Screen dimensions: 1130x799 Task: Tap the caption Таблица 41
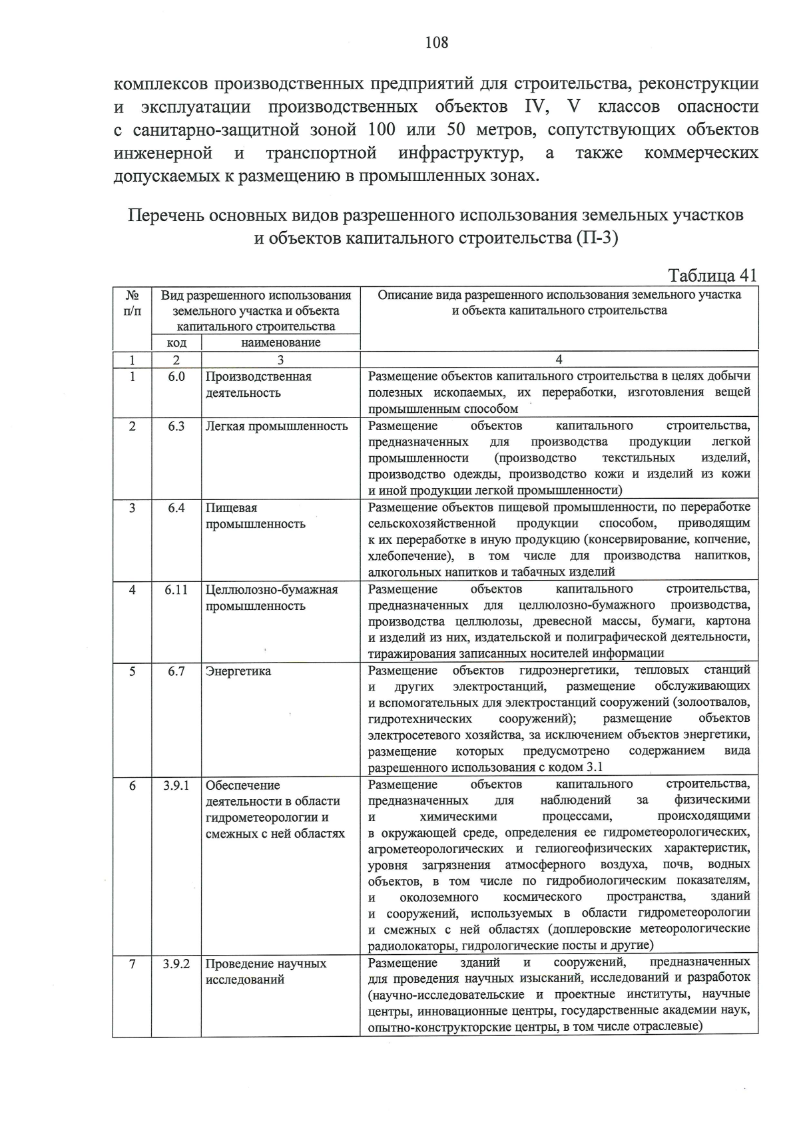712,276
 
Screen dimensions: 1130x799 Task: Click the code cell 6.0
176,377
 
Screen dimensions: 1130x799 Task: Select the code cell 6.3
176,426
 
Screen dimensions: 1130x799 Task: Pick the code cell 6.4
176,508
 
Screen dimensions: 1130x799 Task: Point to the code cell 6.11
176,590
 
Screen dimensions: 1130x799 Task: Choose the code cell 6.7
176,671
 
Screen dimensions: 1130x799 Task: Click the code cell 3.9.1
176,786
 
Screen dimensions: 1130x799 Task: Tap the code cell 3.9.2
176,964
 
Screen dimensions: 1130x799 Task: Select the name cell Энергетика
238,671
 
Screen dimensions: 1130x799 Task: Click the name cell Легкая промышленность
276,426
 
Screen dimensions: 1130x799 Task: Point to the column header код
176,343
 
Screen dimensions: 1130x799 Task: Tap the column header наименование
280,343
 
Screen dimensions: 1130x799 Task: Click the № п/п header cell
132,303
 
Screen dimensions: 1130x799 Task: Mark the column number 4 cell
559,360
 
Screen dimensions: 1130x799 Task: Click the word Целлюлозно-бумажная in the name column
272,590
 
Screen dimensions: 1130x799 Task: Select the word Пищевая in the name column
231,508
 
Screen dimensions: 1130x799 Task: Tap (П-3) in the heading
597,238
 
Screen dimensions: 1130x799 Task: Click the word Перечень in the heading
164,216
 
